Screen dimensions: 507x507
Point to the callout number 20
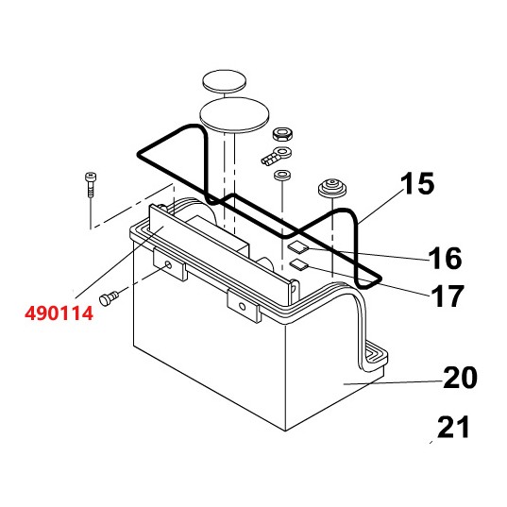point(460,379)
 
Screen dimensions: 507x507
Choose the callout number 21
point(454,428)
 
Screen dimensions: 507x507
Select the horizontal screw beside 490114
point(111,297)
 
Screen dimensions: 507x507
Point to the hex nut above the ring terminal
point(282,134)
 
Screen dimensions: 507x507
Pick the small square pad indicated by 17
point(298,265)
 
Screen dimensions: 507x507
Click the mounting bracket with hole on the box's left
point(170,268)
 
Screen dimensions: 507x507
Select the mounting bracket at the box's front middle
point(242,305)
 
